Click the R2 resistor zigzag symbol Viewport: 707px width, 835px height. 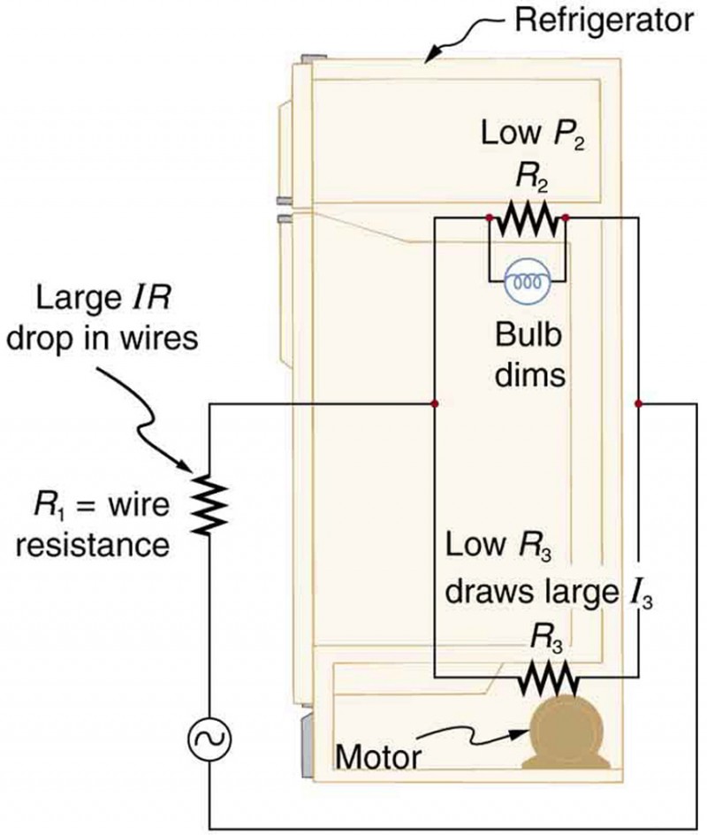coord(527,217)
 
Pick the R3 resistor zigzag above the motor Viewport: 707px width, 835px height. coord(549,679)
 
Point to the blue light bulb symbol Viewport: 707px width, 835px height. coord(527,282)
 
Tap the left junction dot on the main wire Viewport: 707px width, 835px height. coord(434,403)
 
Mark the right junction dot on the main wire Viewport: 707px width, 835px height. coord(637,403)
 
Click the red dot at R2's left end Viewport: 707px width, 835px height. coord(490,217)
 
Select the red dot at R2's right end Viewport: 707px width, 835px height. coord(565,217)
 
